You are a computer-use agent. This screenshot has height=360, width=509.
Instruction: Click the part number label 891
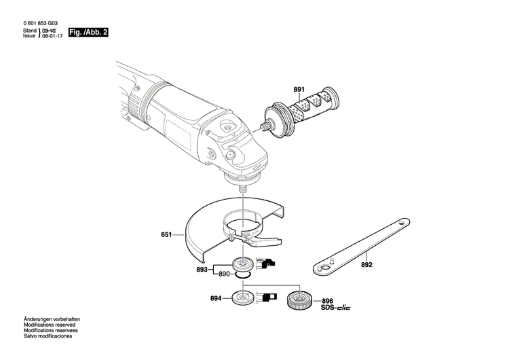[299, 89]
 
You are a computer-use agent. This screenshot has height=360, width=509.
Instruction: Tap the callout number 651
[166, 236]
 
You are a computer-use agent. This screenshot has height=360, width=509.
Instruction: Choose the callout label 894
[216, 298]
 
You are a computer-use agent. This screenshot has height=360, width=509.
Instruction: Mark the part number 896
[327, 301]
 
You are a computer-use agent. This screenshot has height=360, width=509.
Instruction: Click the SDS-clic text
[335, 308]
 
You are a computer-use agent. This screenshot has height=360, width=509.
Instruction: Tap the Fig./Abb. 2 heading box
[89, 33]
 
